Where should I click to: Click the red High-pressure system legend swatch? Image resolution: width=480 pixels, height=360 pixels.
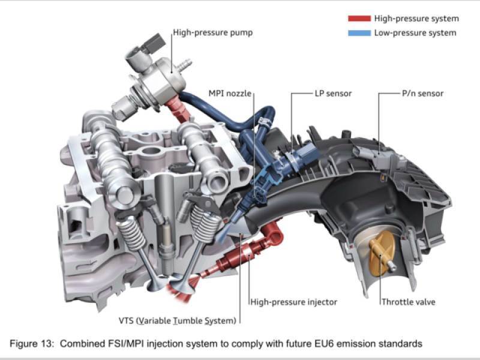(359, 19)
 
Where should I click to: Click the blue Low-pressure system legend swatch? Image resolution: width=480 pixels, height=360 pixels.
(359, 33)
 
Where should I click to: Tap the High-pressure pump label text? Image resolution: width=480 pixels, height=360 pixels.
(213, 32)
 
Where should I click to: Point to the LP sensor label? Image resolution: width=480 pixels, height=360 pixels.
(333, 94)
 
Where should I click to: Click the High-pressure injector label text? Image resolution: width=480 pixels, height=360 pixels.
(293, 302)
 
